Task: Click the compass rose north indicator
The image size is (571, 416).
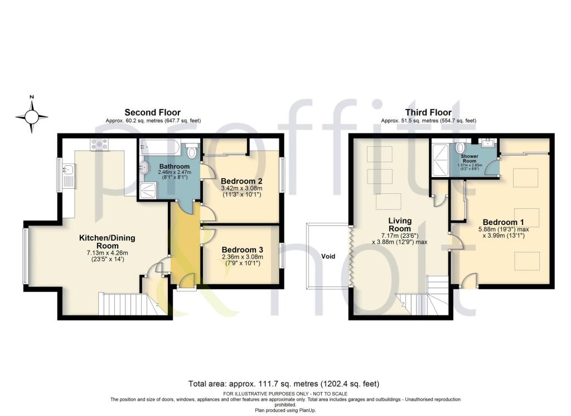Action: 32,116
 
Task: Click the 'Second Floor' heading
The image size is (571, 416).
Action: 152,112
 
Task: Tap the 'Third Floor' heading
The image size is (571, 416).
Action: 428,112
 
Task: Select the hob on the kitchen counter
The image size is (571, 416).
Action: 98,145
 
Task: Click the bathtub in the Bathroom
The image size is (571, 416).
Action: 159,149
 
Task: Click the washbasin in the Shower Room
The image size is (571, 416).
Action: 484,142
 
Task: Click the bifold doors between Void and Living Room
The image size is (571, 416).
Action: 350,257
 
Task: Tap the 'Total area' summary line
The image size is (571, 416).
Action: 285,384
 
